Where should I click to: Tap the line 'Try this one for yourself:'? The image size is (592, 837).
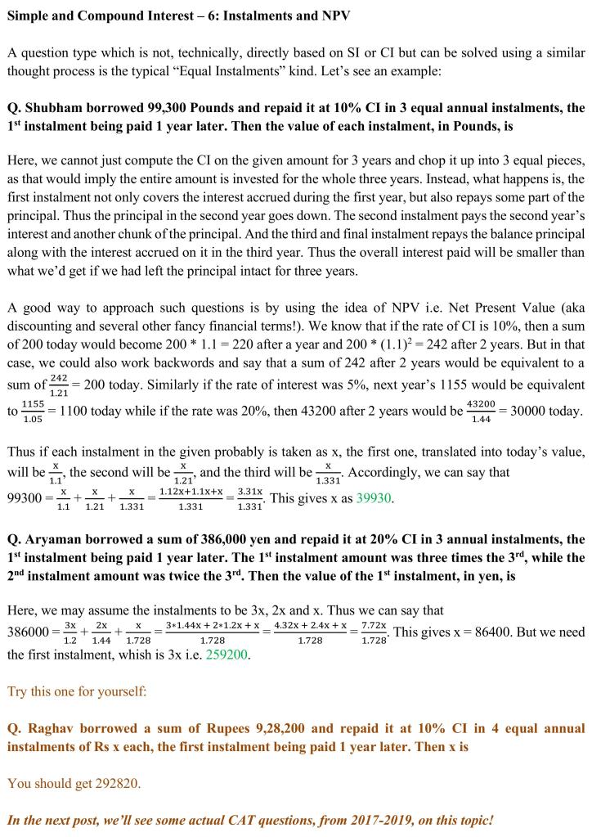point(77,691)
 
